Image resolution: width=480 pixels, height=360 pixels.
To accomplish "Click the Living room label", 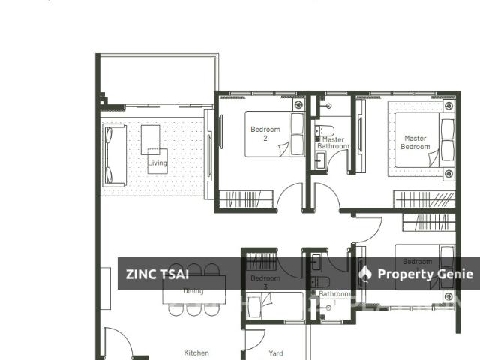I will [x=157, y=163].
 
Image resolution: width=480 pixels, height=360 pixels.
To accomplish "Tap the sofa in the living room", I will [x=114, y=155].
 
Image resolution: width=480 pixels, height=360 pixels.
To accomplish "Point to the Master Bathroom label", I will [x=333, y=143].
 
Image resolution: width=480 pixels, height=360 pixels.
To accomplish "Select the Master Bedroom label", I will [x=415, y=142].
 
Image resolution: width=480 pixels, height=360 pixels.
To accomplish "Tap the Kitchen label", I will [x=196, y=352].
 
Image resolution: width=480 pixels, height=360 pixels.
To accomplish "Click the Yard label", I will [x=276, y=352].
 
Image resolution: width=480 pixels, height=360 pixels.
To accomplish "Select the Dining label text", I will [x=193, y=290].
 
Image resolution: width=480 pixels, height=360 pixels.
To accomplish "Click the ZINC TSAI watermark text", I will [x=157, y=274].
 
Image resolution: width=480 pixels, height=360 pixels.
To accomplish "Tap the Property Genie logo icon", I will [x=365, y=274].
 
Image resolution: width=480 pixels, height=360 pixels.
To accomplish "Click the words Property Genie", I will [x=425, y=274].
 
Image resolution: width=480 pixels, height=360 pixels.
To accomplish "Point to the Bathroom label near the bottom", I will [x=334, y=294].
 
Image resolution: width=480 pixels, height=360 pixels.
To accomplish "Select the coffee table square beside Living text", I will [x=150, y=139].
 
